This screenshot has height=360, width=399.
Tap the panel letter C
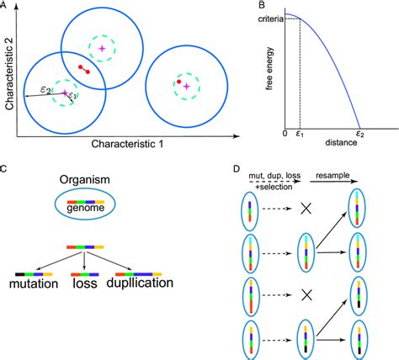(5, 169)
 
